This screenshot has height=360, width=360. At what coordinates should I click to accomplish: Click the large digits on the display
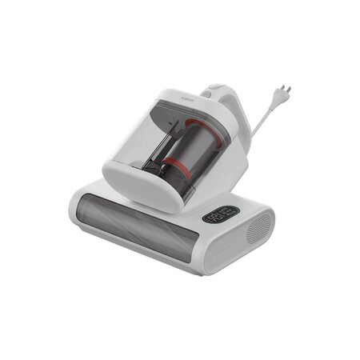(216, 217)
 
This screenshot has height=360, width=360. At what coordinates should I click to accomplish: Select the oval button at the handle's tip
(214, 86)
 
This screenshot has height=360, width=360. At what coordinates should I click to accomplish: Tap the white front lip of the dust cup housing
(132, 189)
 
